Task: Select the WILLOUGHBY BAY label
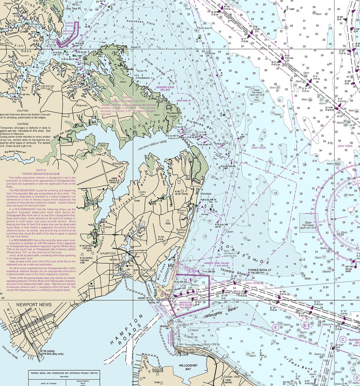pos(188,367)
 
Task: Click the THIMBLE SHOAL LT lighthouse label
pos(259,270)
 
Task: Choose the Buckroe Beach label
pos(181,231)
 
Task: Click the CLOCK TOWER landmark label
pos(156,370)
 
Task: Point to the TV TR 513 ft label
pos(161,238)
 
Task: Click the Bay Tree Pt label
pos(73,8)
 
